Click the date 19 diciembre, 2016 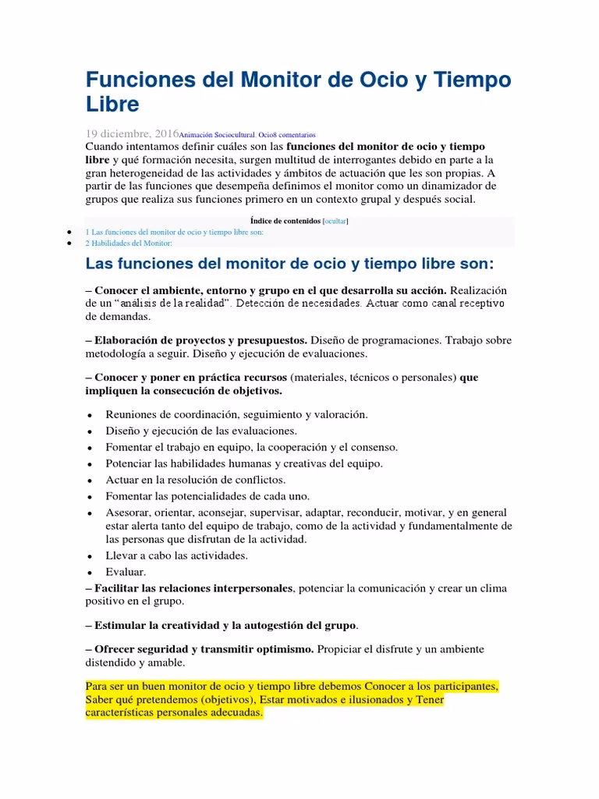click(x=131, y=133)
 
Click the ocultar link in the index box click(x=335, y=221)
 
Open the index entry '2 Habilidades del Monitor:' click(x=128, y=243)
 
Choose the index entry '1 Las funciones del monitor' click(x=175, y=232)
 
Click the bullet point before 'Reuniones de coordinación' click(x=92, y=415)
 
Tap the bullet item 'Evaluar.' click(x=126, y=572)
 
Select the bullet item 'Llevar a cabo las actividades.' click(x=176, y=556)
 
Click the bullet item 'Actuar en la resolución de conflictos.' click(x=196, y=480)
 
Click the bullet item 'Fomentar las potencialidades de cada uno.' click(x=207, y=496)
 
